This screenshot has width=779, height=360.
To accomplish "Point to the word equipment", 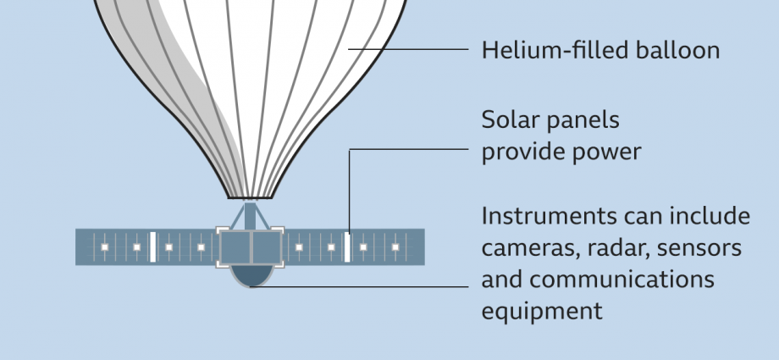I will [542, 311].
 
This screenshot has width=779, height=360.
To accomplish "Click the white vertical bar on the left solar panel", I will [152, 247].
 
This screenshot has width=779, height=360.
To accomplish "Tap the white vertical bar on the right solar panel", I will [347, 247].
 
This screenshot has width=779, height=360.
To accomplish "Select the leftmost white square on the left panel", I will [105, 247].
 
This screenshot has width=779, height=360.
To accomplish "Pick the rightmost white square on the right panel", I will [395, 247].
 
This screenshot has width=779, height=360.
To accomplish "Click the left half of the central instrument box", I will [235, 247].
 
